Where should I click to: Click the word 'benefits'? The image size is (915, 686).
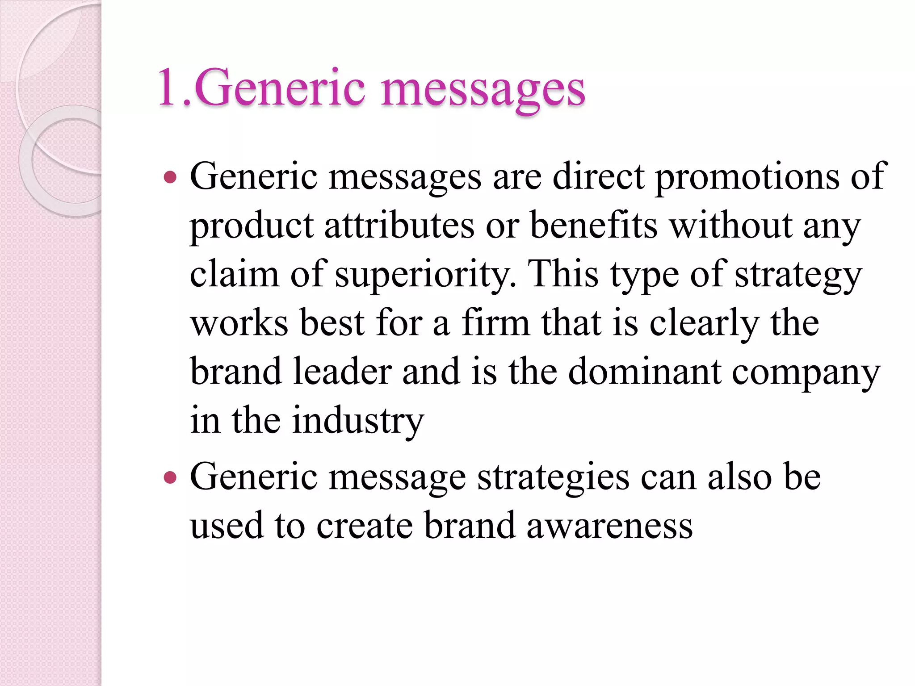coord(594,226)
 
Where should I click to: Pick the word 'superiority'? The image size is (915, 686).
coord(425,275)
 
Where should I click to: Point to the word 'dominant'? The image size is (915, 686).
coord(644,372)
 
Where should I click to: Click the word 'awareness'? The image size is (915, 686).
coord(609,526)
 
